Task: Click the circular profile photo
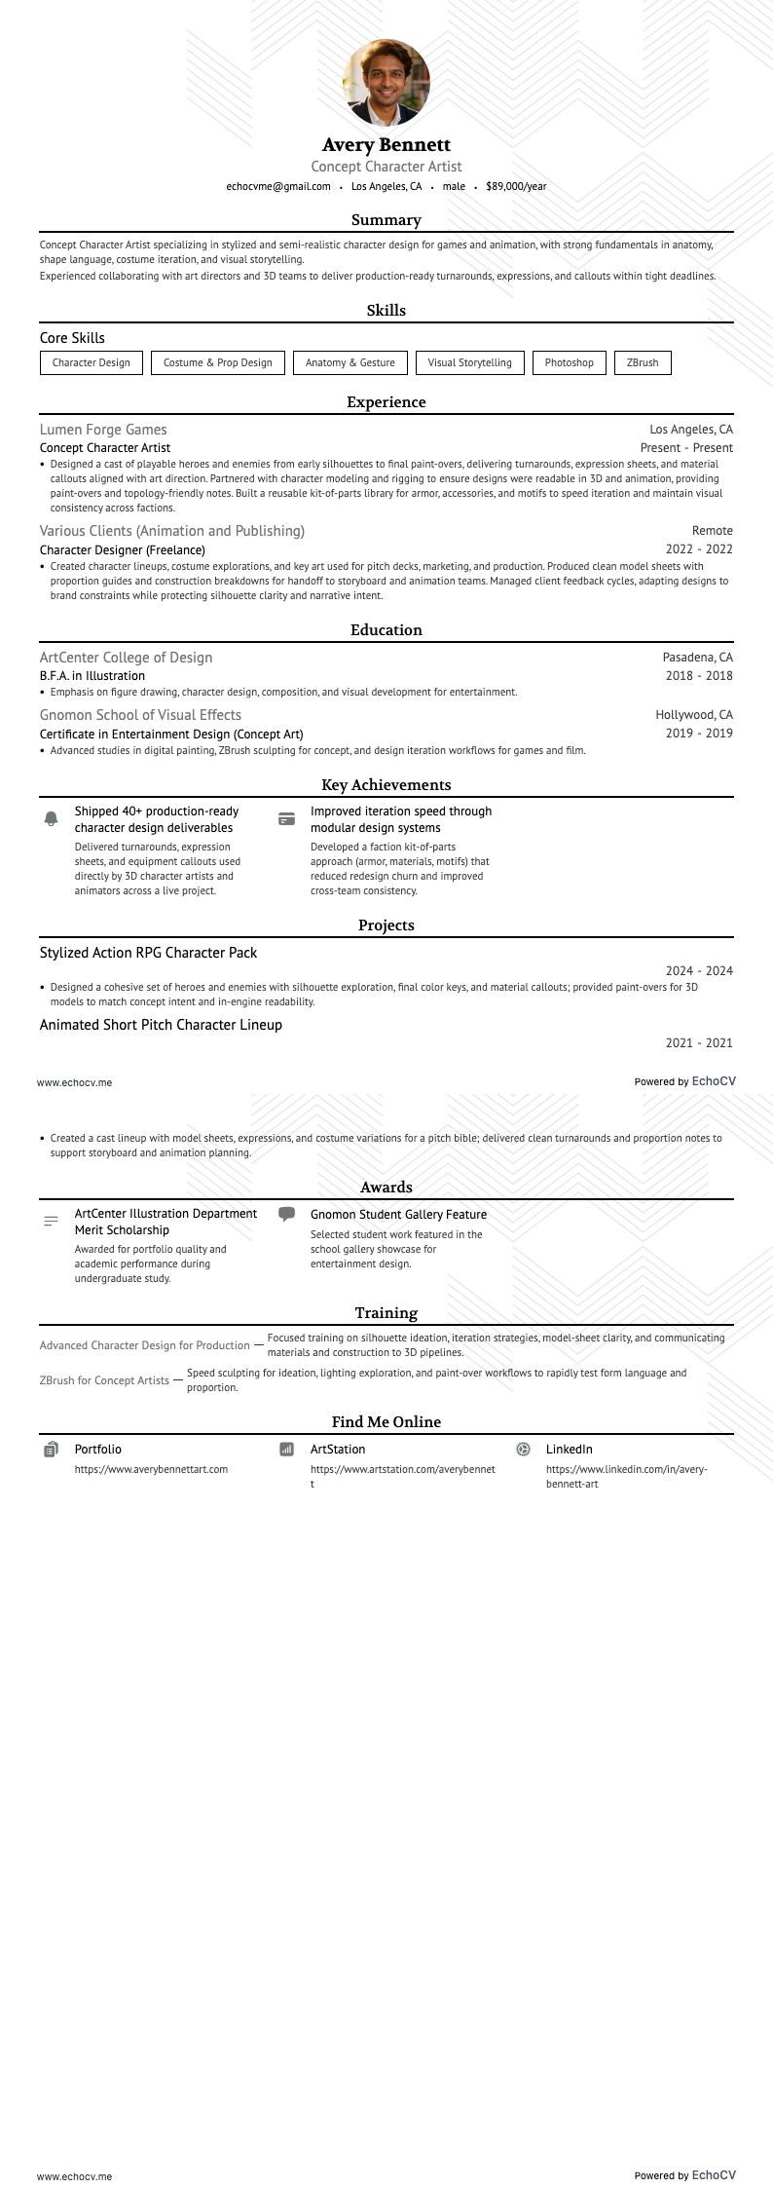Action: coord(386,83)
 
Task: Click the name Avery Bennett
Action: coord(386,145)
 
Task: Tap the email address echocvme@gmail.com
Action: coord(278,186)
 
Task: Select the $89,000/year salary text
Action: coord(516,186)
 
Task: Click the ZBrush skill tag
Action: coord(643,362)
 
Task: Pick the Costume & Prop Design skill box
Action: coord(218,362)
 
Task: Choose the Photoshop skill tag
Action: coord(570,362)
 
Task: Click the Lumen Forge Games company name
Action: coord(103,430)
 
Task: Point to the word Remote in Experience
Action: coord(713,531)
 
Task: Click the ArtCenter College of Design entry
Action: coord(126,658)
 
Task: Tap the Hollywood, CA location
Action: coord(694,715)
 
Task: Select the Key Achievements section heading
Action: coord(386,785)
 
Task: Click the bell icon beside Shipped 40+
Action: coord(52,819)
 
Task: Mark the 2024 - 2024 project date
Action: coord(699,971)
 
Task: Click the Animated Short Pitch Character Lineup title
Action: coord(161,1025)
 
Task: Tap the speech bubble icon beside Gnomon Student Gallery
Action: coord(286,1214)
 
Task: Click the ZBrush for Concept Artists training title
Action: coord(105,1380)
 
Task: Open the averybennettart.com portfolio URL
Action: coord(151,1469)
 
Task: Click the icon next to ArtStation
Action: coord(286,1450)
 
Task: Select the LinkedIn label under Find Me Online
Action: coord(570,1450)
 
